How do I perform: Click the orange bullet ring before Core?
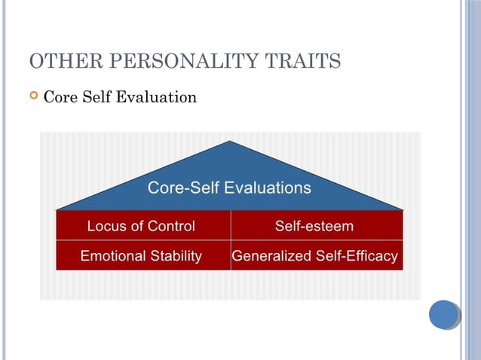[32, 96]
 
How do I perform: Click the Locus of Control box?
[142, 226]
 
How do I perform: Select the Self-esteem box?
[314, 226]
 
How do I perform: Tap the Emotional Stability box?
[142, 256]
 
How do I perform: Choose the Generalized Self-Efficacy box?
[314, 256]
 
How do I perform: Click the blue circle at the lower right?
[444, 314]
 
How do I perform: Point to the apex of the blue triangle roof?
[230, 142]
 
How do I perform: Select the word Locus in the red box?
[106, 226]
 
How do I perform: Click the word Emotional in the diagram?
[110, 256]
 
